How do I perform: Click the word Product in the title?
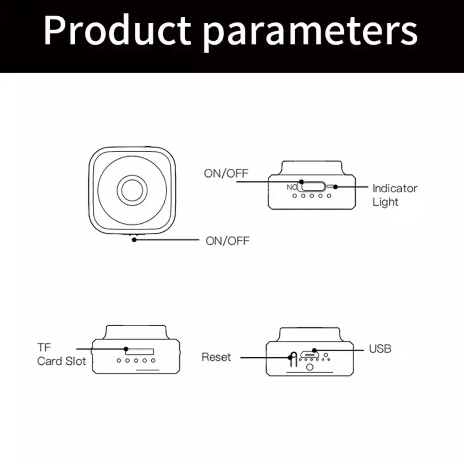(117, 31)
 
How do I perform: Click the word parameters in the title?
(311, 33)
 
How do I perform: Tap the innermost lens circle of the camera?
(132, 190)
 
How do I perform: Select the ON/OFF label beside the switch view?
(226, 174)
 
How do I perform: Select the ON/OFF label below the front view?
(227, 241)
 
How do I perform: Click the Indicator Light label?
(395, 195)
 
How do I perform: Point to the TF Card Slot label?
(62, 354)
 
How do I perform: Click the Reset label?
(216, 357)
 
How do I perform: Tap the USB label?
(380, 348)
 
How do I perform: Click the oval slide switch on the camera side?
(313, 187)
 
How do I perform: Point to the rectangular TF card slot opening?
(140, 352)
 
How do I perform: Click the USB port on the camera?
(309, 354)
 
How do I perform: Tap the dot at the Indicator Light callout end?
(335, 187)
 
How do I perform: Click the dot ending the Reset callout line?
(290, 357)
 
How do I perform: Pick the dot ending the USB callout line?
(314, 350)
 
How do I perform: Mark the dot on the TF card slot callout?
(126, 349)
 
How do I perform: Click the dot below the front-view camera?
(134, 240)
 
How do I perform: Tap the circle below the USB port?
(310, 367)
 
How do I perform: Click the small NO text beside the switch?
(292, 187)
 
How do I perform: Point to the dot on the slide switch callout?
(301, 182)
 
